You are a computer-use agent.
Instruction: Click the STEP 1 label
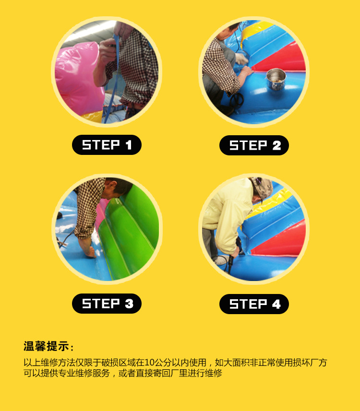click(107, 145)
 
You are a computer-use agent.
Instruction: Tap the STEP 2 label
click(254, 145)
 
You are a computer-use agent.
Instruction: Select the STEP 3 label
click(107, 304)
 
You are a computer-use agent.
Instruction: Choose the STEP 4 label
click(254, 304)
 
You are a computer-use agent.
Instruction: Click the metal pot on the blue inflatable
click(276, 79)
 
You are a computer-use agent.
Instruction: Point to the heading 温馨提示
click(46, 346)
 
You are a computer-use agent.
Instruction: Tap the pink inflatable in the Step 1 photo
click(78, 79)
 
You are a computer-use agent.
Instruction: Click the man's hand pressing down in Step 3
click(89, 251)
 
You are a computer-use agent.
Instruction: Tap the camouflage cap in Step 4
click(261, 188)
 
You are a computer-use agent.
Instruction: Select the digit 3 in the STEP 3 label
click(129, 304)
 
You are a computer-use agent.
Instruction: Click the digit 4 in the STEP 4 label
click(276, 305)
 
